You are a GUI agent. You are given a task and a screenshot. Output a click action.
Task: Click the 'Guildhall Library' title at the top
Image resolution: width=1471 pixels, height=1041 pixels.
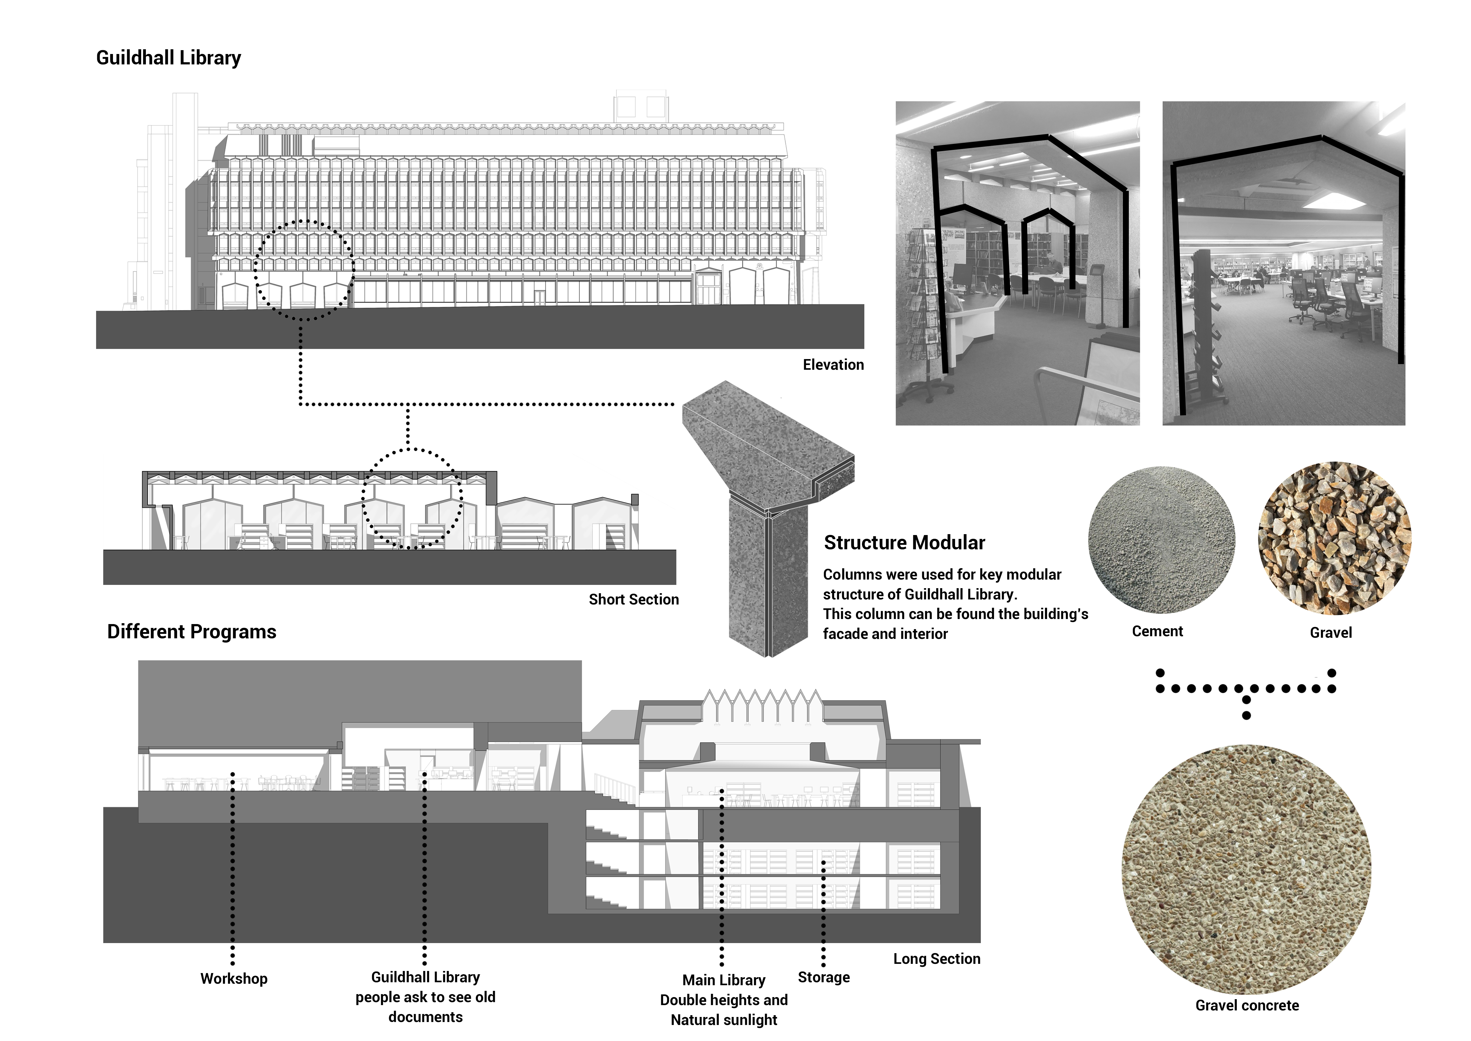point(168,58)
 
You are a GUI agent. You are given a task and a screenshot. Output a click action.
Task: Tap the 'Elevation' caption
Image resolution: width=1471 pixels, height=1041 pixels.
point(833,365)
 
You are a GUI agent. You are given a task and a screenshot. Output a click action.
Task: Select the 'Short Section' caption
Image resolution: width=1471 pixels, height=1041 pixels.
point(634,599)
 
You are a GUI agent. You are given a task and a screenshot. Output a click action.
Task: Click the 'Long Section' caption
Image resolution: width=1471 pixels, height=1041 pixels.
point(937,959)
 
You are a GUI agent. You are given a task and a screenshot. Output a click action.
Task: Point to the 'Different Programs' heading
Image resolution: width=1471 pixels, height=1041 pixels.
point(192,632)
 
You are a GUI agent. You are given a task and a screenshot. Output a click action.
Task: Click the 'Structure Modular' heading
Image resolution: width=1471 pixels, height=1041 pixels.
point(904,543)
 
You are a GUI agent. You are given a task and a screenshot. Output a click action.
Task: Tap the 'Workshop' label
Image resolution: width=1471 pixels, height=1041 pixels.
point(234,979)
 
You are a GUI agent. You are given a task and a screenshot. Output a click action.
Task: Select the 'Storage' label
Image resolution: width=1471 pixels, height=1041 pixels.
point(824,977)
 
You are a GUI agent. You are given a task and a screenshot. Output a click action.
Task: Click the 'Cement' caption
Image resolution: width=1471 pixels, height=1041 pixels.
point(1157,631)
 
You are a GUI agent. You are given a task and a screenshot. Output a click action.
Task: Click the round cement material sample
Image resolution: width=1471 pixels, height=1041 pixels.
point(1161,540)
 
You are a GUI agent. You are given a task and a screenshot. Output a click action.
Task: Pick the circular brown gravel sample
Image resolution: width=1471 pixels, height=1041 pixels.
point(1335,538)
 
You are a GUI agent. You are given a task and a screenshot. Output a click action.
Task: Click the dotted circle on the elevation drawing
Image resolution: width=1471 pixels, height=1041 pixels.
point(304,270)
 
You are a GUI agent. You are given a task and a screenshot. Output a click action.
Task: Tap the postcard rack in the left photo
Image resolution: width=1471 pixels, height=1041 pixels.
point(922,308)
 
